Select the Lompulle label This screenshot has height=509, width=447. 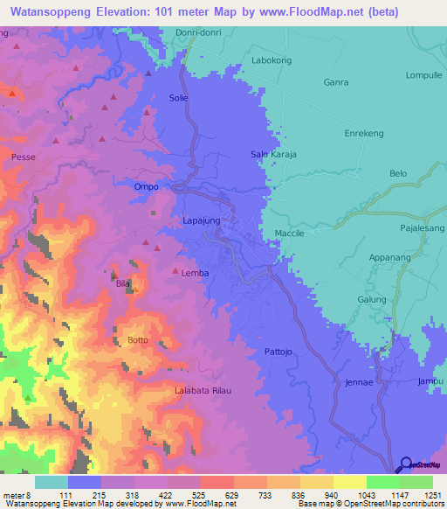coord(424,75)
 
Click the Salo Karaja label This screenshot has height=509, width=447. coord(274,154)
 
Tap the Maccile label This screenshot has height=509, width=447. coord(290,234)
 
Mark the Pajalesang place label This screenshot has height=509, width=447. coord(422,227)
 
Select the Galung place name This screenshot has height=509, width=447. coord(372,299)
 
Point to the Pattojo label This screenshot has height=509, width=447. coord(282,352)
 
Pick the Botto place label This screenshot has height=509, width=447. coord(138,339)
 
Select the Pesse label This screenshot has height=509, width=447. coord(23,157)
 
